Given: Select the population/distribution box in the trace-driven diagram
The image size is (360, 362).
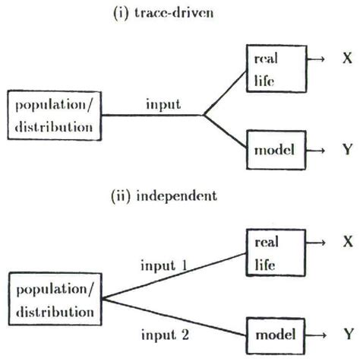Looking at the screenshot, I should coord(52,115).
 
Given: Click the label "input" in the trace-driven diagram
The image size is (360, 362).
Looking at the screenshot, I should coord(163,105).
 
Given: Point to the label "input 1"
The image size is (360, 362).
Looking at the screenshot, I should coord(164,265).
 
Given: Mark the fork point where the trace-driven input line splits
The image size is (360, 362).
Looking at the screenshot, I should coord(203,115).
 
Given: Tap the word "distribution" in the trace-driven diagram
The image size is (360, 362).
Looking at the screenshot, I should coord(52,125).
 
